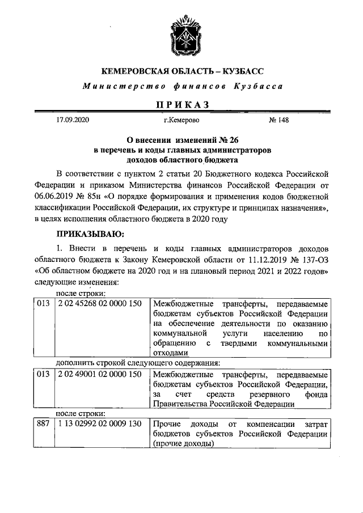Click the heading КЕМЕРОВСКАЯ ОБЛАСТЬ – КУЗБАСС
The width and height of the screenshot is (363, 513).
[181, 72]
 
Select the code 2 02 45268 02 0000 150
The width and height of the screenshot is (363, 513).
[99, 303]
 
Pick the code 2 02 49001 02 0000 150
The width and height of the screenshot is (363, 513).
[99, 375]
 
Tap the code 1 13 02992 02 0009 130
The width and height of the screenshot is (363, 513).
[99, 425]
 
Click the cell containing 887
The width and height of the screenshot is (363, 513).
[43, 425]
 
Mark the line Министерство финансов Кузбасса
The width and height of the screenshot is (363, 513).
[181, 87]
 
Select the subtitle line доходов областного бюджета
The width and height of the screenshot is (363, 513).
[181, 160]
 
